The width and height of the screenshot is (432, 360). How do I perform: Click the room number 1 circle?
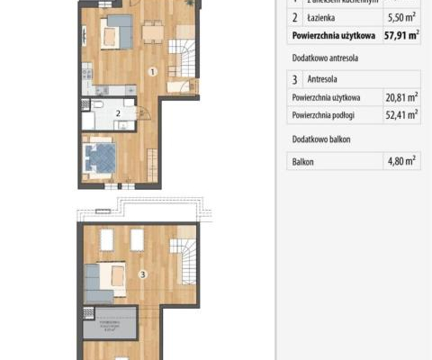[x=153, y=71]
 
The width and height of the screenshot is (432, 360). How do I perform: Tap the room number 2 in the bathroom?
[x=118, y=112]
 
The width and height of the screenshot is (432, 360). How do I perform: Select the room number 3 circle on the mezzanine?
[x=142, y=273]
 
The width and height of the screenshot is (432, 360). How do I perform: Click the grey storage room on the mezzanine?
[x=108, y=322]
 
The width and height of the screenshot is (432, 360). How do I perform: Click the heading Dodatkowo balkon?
[x=321, y=139]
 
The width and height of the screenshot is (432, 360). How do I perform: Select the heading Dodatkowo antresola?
[x=326, y=56]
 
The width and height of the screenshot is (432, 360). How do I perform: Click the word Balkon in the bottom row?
[x=302, y=163]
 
